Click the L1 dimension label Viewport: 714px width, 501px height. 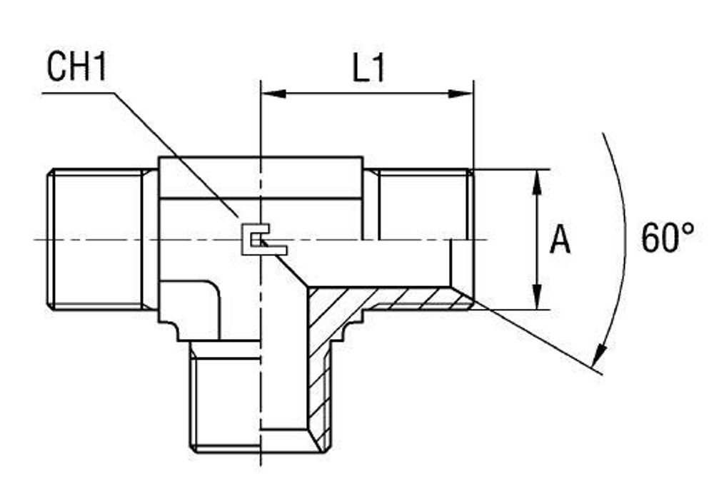point(368,69)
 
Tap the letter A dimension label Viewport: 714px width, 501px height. point(560,241)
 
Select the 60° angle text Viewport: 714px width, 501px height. point(667,238)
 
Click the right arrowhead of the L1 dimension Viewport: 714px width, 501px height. point(461,93)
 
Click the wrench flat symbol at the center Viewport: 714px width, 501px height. point(262,240)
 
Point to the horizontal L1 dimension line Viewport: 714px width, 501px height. point(367,93)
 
